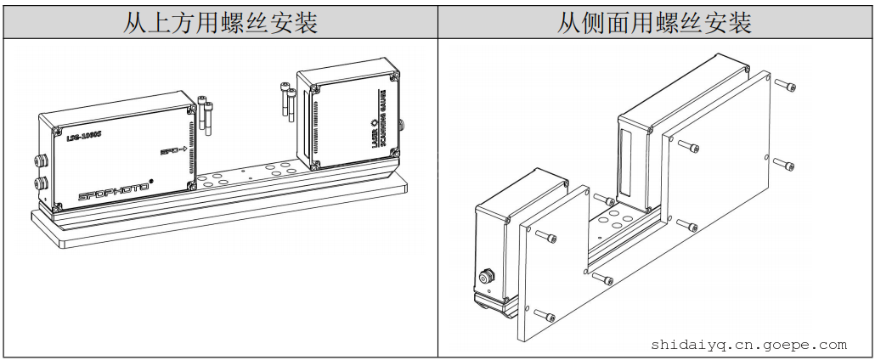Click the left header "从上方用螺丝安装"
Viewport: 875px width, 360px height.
click(219, 22)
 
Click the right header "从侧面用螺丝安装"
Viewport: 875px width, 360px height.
click(654, 22)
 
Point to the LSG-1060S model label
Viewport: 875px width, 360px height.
click(84, 135)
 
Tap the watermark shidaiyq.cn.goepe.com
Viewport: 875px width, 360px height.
click(748, 345)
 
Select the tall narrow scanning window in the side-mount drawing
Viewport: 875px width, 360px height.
click(627, 166)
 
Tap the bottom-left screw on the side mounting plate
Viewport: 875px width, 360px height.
click(544, 317)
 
